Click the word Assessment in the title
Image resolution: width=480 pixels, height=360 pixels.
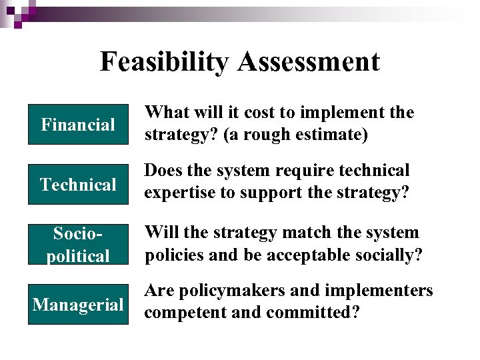[x=308, y=62]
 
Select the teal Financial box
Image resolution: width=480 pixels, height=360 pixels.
[x=78, y=125]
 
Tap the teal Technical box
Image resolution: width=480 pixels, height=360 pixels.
[x=78, y=185]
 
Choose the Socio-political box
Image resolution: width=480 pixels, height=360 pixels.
[x=78, y=244]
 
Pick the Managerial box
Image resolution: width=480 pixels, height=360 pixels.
[x=78, y=305]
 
